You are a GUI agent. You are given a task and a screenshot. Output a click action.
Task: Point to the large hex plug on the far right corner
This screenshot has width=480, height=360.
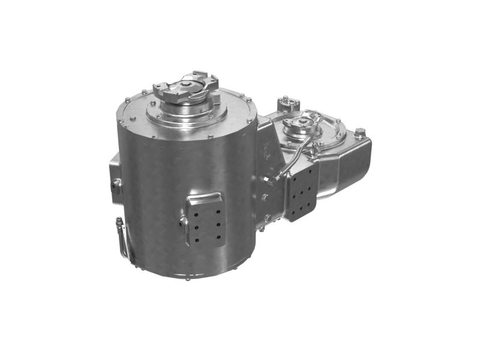(x=359, y=133)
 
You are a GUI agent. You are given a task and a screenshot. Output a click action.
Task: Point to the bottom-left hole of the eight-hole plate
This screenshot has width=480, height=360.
(x=294, y=211)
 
